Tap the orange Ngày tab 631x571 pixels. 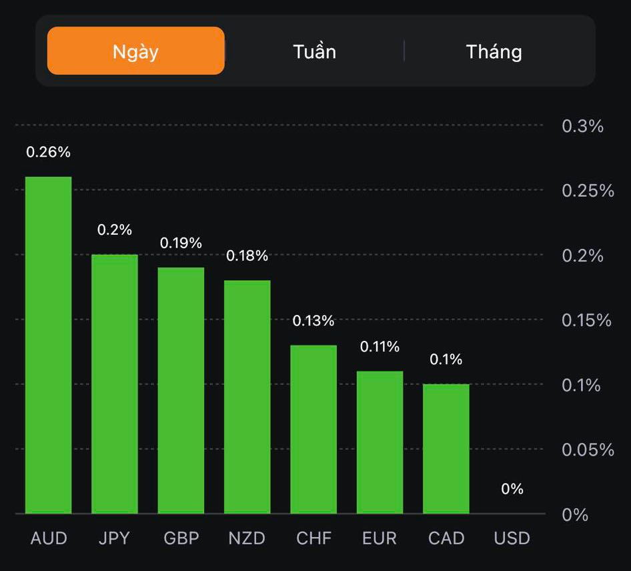coord(135,51)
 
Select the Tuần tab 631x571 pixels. coord(314,51)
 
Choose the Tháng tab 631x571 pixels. coord(494,51)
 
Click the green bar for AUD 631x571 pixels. coord(48,345)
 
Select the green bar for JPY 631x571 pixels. coord(115,384)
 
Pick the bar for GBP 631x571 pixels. coord(181,390)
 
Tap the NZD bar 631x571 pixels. coord(247,397)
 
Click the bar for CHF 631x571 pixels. coord(313,429)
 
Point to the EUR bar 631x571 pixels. coord(380,442)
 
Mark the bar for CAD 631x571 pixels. coord(446,448)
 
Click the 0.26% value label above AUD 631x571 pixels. coord(48,152)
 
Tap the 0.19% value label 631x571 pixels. coord(181,243)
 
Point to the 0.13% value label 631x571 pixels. coord(313,321)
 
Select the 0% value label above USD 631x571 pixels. coord(512,489)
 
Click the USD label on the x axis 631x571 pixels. coord(512,538)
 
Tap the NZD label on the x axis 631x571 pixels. coord(247,538)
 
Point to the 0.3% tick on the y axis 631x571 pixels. coord(582,126)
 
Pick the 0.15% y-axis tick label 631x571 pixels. coord(586,320)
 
